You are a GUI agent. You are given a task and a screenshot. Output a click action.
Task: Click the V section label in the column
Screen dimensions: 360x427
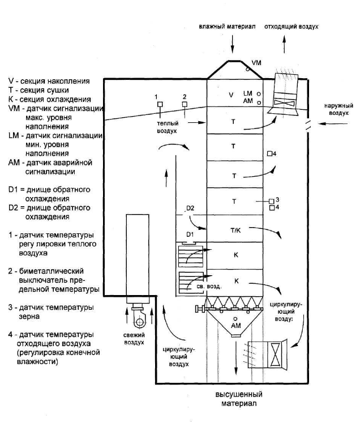click(x=231, y=95)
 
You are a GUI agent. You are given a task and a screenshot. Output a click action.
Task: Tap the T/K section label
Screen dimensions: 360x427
click(x=235, y=230)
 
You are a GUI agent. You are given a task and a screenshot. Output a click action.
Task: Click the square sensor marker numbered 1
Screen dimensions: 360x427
click(x=160, y=104)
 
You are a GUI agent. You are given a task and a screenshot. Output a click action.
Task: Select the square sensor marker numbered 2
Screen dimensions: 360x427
click(x=185, y=104)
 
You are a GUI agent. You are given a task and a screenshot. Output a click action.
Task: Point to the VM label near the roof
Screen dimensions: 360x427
click(x=256, y=63)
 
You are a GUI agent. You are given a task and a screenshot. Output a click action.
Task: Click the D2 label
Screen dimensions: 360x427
click(x=190, y=208)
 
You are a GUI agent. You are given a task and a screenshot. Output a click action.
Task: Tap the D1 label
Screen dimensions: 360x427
click(x=190, y=234)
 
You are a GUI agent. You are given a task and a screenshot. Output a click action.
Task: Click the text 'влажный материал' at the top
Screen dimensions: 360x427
click(x=227, y=27)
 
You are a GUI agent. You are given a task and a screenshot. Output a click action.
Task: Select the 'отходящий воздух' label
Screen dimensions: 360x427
click(x=292, y=27)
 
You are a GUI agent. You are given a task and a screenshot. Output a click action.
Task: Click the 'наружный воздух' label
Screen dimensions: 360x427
click(x=339, y=109)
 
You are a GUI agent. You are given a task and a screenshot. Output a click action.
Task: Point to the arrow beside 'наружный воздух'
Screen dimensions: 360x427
click(x=333, y=124)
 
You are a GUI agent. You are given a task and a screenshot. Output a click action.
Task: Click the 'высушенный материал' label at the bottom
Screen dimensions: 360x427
click(x=239, y=399)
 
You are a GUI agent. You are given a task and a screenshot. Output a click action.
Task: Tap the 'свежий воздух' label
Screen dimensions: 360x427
click(x=134, y=339)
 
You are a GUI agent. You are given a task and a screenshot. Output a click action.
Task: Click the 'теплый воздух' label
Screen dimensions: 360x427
click(x=168, y=127)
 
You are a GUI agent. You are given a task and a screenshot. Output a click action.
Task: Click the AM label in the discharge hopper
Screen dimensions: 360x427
click(x=235, y=326)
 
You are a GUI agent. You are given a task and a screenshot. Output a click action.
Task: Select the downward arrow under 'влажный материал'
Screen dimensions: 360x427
click(x=233, y=44)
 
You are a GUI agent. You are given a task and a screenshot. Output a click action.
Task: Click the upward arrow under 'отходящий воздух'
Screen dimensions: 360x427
click(x=284, y=44)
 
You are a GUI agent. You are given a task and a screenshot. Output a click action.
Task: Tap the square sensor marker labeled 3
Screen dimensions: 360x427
click(x=271, y=201)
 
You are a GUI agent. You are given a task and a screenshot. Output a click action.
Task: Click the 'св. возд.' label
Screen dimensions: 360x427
click(x=209, y=287)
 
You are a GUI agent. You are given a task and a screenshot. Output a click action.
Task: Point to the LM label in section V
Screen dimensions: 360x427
click(x=247, y=93)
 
